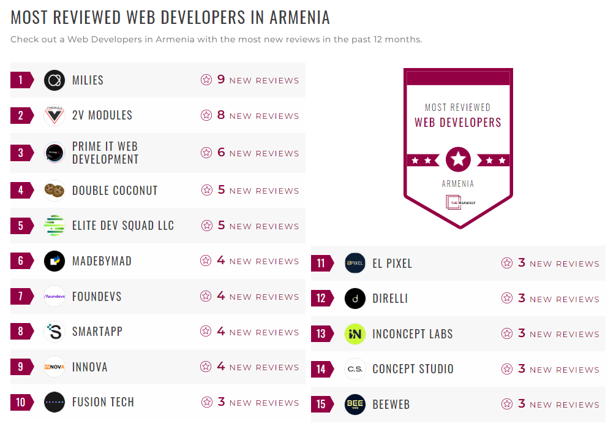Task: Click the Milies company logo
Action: tap(54, 80)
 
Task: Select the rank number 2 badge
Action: tap(21, 115)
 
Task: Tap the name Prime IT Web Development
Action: tap(105, 153)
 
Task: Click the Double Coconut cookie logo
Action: tap(54, 191)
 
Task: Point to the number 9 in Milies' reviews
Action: tap(221, 80)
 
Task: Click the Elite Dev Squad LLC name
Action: tap(123, 226)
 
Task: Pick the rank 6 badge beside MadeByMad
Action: tap(21, 261)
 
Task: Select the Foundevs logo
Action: tap(54, 297)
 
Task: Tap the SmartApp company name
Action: tap(97, 332)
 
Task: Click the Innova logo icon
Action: tap(54, 367)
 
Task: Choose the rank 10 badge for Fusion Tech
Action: tap(21, 402)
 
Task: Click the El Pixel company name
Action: tap(392, 264)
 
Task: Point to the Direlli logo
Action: tap(355, 299)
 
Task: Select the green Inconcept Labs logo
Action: tap(355, 334)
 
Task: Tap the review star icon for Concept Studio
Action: tap(507, 369)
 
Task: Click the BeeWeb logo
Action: tap(355, 405)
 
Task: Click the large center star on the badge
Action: tap(458, 160)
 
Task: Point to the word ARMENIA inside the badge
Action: tap(458, 183)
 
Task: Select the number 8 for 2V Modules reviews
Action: tap(221, 115)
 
